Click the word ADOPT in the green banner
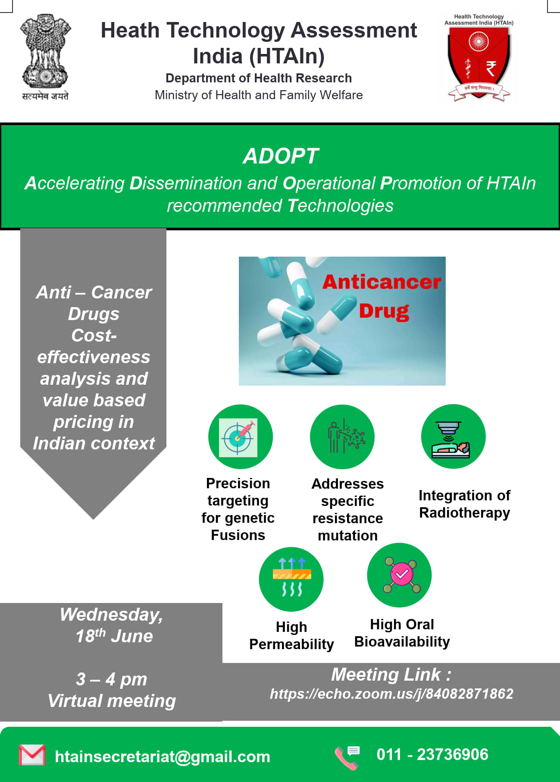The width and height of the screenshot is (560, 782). [281, 156]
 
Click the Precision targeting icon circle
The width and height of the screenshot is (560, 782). [240, 437]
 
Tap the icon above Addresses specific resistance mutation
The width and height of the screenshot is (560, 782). [342, 437]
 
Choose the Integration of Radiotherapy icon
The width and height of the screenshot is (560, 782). [454, 436]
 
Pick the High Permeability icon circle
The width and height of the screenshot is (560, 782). [291, 579]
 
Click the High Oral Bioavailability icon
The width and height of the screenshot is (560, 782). [399, 575]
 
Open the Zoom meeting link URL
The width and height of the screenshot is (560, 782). [391, 694]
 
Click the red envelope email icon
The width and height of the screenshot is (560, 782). [32, 755]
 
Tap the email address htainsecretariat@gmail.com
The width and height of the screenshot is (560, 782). [163, 757]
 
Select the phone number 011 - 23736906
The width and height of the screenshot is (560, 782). [432, 754]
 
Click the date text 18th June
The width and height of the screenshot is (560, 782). [114, 636]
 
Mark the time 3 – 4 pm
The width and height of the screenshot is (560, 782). [112, 679]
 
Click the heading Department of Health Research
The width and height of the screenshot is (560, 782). [259, 78]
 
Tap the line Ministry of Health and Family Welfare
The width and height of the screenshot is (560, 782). [259, 95]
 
